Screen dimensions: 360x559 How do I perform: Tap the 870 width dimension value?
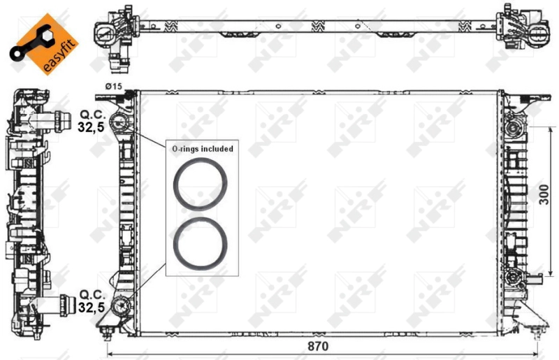coord(317,346)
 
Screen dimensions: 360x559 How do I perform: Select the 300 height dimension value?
coord(544,198)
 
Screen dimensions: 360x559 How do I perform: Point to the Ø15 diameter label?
coord(113,86)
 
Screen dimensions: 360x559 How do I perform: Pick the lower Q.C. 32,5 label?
coord(92,300)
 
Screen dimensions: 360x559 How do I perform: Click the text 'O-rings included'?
coord(203,149)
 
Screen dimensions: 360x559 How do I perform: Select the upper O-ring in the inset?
coord(200,185)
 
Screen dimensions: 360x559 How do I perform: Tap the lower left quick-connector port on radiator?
coord(124,305)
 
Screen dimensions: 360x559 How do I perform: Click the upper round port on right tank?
coord(516,128)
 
